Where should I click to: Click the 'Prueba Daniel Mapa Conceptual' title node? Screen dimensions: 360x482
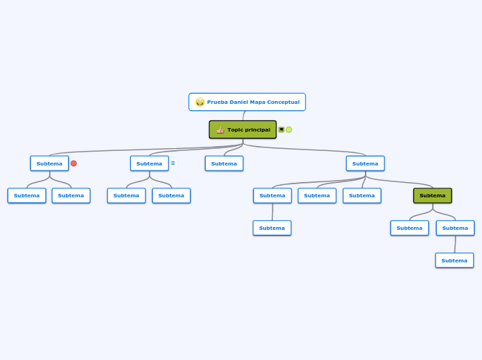(247, 102)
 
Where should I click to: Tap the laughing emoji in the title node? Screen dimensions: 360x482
(200, 102)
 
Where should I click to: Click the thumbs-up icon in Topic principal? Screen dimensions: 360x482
(220, 129)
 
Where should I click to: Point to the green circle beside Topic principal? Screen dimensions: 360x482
(289, 129)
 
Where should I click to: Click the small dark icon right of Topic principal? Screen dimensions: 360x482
(281, 129)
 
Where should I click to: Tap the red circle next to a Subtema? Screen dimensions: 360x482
(73, 163)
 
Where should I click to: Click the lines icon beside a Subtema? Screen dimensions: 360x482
(173, 163)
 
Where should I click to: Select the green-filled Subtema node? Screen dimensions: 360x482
(432, 195)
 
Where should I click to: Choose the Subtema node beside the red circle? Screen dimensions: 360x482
(49, 163)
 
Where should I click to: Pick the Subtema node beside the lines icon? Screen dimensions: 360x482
(149, 163)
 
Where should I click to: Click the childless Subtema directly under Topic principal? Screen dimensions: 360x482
(224, 163)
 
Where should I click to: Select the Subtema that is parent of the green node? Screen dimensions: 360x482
(365, 163)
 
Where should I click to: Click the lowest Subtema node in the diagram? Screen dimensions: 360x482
(454, 260)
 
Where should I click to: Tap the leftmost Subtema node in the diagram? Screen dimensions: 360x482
(26, 195)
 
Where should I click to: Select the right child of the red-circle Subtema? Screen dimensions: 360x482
(71, 195)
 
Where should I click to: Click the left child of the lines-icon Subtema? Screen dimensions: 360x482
(126, 195)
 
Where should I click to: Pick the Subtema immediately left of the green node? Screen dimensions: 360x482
(361, 195)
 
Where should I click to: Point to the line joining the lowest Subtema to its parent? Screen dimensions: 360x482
(455, 244)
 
